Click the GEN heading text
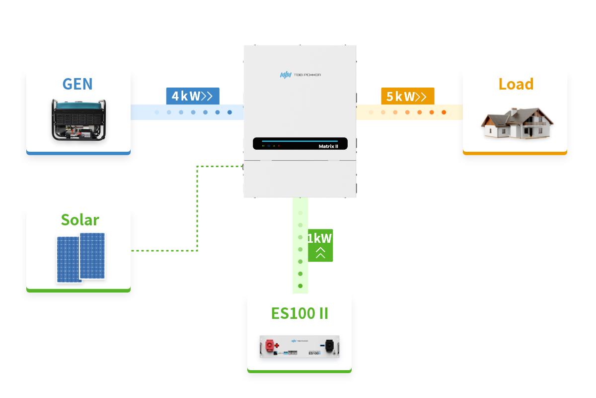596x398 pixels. click(77, 84)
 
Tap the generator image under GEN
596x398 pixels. click(78, 119)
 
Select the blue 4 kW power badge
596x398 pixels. click(192, 96)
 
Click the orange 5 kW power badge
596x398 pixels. click(407, 96)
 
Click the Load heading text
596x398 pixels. click(516, 84)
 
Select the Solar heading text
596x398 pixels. click(80, 219)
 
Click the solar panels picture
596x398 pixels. click(80, 257)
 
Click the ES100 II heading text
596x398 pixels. click(299, 313)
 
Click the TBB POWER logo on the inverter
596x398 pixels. click(300, 75)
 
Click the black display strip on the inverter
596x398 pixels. click(299, 143)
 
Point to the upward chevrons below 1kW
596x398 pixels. click(320, 253)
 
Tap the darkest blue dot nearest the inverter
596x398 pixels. click(229, 112)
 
